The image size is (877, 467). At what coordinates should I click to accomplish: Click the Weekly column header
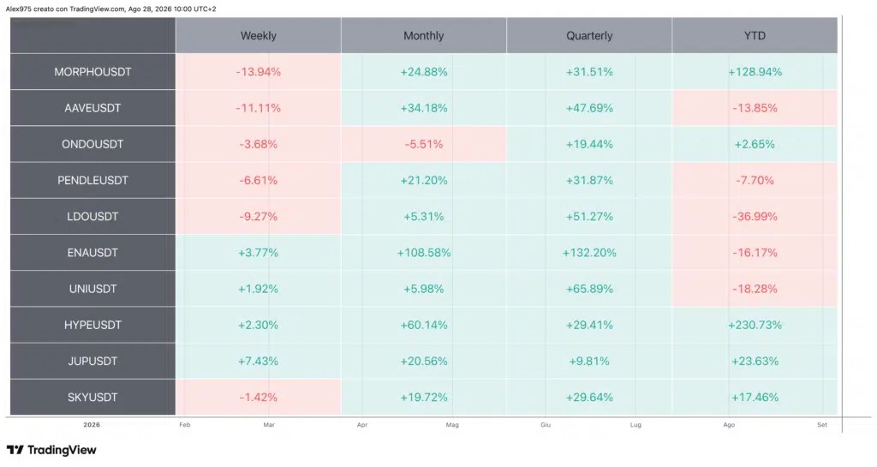[259, 36]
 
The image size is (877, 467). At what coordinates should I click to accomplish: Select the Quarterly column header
[589, 36]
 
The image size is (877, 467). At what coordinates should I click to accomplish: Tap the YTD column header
[755, 36]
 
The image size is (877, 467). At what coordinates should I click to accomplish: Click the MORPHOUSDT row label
[92, 72]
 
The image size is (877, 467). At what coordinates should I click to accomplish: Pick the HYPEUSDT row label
[92, 325]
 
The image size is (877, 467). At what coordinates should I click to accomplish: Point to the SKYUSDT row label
[92, 397]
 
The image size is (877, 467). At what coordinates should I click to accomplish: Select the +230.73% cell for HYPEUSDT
[755, 325]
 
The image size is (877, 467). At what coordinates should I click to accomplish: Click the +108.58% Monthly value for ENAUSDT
[424, 253]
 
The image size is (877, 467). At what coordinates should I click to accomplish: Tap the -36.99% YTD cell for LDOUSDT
[755, 217]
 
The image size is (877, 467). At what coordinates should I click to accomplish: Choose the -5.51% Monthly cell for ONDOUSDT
[424, 144]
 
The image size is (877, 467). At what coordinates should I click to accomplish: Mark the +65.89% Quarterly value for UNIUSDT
[589, 289]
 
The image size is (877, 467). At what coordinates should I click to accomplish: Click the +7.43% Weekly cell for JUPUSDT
[259, 362]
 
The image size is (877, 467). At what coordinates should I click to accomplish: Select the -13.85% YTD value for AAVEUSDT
[755, 108]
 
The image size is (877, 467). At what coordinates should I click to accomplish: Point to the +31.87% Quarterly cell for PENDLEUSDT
[589, 180]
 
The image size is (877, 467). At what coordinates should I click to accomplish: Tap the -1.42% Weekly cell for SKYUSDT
[259, 397]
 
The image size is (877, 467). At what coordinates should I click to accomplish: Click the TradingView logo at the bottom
[51, 450]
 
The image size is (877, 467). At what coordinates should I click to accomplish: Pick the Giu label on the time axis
[546, 425]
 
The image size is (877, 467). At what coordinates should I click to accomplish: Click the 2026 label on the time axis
[92, 425]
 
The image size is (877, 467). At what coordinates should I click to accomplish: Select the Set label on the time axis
[821, 425]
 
